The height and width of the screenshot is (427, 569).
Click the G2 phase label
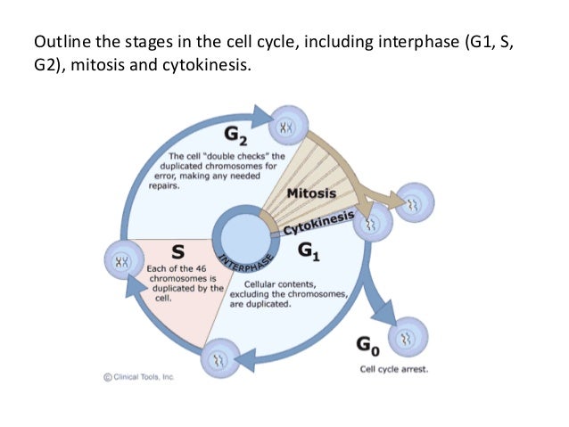(x=235, y=135)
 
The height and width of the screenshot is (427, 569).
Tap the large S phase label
(x=177, y=251)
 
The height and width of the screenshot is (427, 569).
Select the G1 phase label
(x=309, y=251)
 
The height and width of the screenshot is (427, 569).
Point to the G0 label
(x=368, y=346)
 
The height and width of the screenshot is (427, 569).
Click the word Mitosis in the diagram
(x=311, y=193)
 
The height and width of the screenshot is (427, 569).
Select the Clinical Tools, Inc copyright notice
(x=139, y=377)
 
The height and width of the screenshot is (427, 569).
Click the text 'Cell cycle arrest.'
(x=394, y=369)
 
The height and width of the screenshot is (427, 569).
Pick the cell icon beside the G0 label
(x=408, y=337)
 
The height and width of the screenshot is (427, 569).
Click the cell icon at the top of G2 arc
(x=289, y=126)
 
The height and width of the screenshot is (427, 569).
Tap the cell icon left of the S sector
(x=124, y=260)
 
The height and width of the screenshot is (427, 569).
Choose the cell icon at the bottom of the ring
(x=220, y=358)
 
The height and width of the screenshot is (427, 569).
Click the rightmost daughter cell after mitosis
(x=414, y=202)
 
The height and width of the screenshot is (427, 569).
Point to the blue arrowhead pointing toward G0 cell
(x=384, y=314)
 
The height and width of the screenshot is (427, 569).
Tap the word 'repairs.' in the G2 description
(x=164, y=185)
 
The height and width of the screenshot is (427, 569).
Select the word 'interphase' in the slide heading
(x=419, y=43)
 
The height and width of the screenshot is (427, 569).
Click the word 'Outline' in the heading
(x=62, y=42)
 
